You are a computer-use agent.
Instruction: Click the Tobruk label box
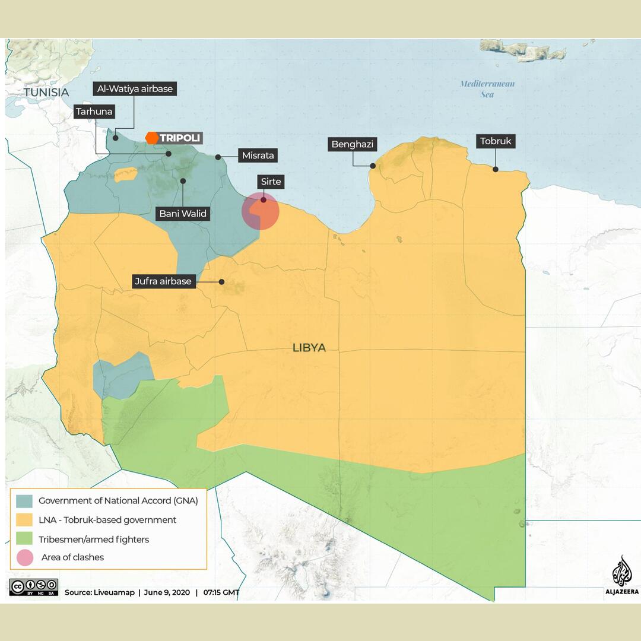click(496, 141)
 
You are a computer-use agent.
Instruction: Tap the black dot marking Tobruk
click(496, 169)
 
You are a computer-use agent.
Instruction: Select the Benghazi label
click(354, 144)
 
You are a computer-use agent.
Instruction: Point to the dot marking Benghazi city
click(373, 166)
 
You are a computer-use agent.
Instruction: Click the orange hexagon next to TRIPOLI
click(152, 138)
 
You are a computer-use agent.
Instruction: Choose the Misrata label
click(258, 156)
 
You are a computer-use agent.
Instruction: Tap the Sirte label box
click(271, 182)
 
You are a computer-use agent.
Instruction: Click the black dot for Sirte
click(264, 200)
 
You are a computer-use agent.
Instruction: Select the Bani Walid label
click(183, 214)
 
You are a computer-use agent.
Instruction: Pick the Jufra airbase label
click(163, 281)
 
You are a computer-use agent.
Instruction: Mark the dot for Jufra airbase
click(222, 281)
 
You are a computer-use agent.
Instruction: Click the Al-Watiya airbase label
click(134, 89)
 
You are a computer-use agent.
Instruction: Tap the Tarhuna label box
click(94, 112)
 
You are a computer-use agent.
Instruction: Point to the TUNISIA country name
click(46, 93)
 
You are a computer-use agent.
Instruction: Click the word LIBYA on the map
click(309, 348)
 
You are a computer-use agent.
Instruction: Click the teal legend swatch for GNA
click(25, 501)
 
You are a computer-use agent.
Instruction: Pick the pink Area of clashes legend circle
click(25, 557)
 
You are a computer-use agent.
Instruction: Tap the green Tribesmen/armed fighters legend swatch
click(25, 540)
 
